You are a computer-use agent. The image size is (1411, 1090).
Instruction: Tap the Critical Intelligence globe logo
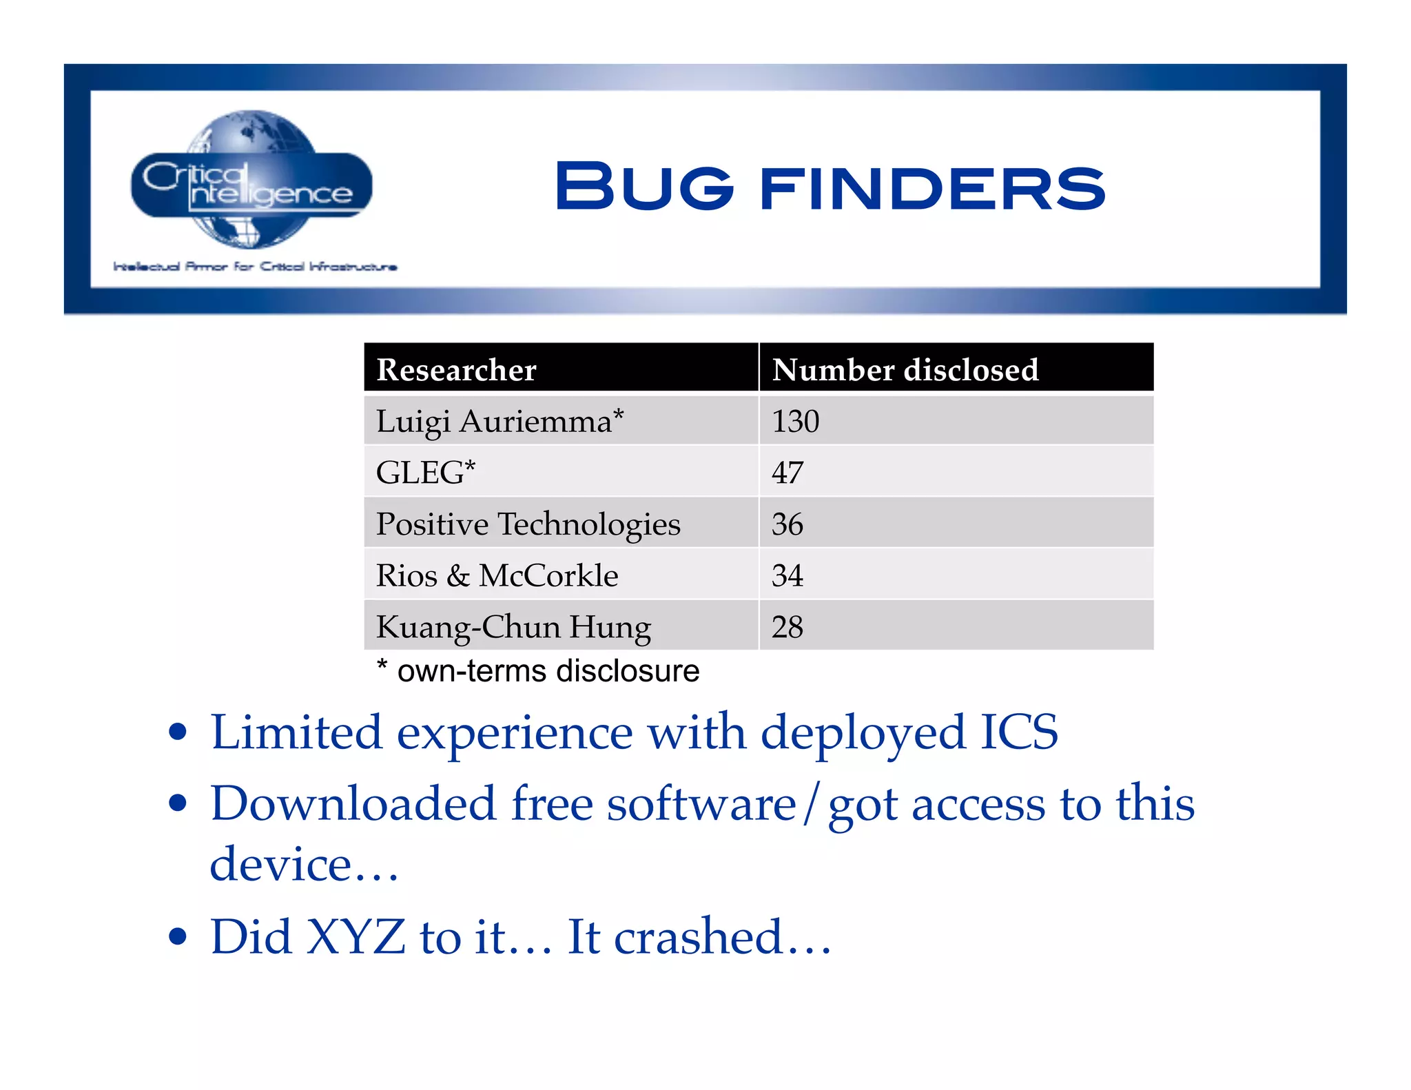[x=251, y=181]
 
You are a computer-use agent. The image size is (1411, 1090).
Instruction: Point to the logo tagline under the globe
[x=255, y=267]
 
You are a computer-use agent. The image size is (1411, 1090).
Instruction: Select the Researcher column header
[x=456, y=370]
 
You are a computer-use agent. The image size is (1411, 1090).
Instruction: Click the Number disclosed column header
[x=905, y=370]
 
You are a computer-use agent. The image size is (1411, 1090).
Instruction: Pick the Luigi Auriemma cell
[x=499, y=421]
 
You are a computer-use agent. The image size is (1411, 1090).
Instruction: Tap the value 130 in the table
[x=795, y=421]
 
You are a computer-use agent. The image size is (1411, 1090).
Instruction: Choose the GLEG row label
[x=425, y=473]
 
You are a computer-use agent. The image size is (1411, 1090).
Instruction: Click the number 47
[x=787, y=473]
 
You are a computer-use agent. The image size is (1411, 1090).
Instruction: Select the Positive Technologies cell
[x=528, y=524]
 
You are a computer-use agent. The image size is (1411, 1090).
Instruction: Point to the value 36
[x=787, y=524]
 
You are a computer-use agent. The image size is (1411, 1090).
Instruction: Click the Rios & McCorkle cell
[x=497, y=575]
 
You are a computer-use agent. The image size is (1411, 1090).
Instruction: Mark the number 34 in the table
[x=787, y=575]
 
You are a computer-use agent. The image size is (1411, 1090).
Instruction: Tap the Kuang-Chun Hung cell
[x=513, y=627]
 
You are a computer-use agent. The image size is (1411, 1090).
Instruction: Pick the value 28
[x=787, y=627]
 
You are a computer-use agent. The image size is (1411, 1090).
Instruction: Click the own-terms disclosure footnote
[x=538, y=671]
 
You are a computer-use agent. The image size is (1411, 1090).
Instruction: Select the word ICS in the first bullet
[x=1019, y=732]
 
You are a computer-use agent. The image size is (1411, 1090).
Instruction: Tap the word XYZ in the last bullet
[x=356, y=937]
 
